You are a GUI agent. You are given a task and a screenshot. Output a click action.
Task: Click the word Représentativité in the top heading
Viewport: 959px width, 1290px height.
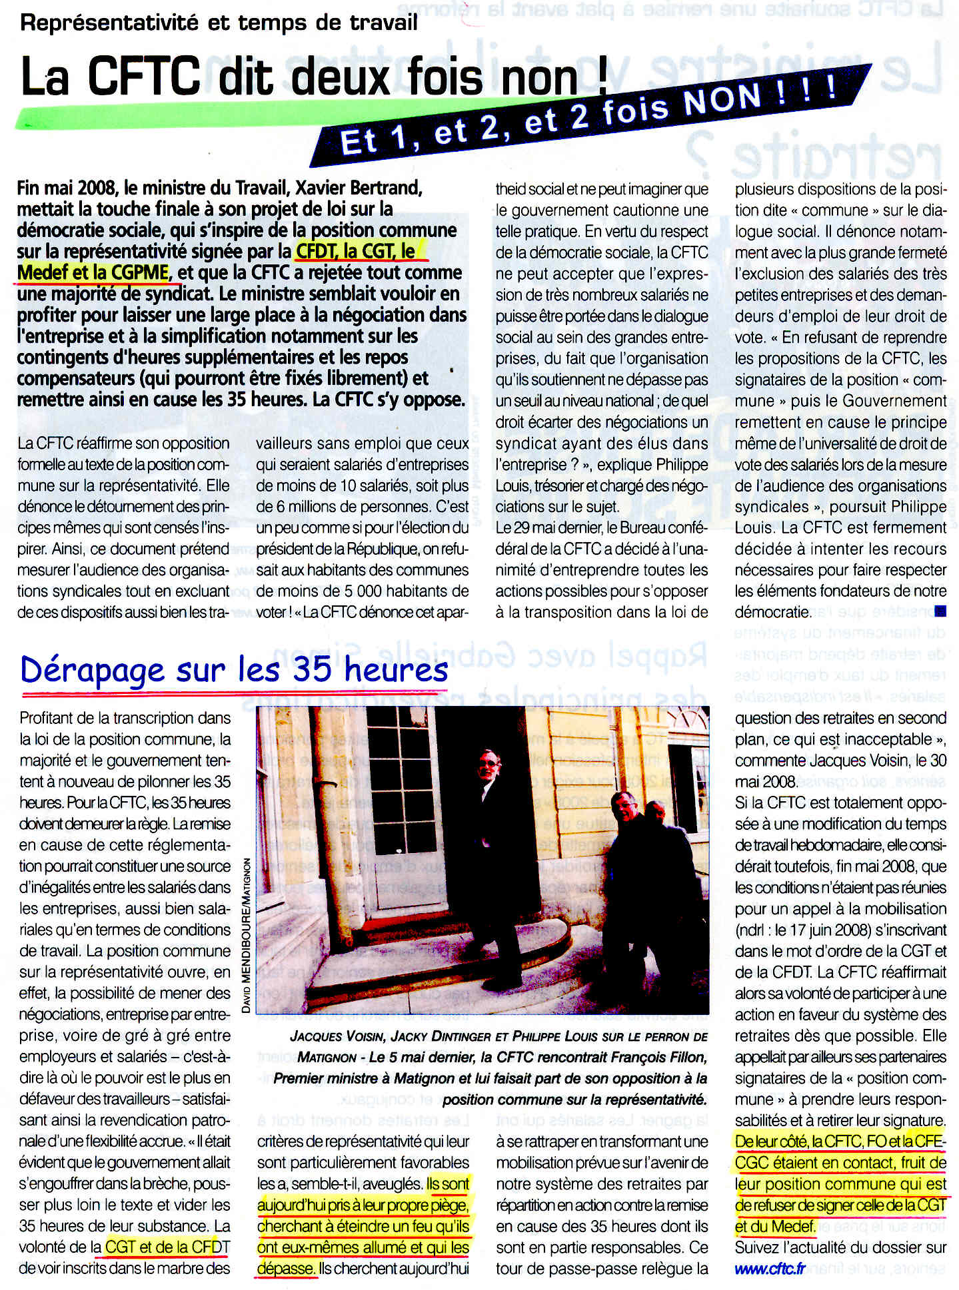pyautogui.click(x=110, y=23)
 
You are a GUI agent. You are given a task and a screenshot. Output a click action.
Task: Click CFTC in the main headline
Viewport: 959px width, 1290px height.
pyautogui.click(x=144, y=77)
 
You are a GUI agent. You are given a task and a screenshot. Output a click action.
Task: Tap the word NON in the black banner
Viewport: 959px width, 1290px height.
pyautogui.click(x=722, y=101)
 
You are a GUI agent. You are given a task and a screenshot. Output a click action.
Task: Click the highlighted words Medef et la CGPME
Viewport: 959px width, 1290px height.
pyautogui.click(x=93, y=272)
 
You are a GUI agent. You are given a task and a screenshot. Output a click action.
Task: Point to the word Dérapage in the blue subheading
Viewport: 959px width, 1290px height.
pyautogui.click(x=92, y=670)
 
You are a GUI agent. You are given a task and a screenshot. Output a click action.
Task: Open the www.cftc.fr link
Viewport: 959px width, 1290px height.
pyautogui.click(x=770, y=1269)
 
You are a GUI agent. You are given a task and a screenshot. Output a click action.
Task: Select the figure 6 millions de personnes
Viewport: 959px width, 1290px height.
pyautogui.click(x=353, y=507)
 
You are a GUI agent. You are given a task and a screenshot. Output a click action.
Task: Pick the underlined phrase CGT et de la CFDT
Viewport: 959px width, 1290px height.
pyautogui.click(x=167, y=1247)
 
